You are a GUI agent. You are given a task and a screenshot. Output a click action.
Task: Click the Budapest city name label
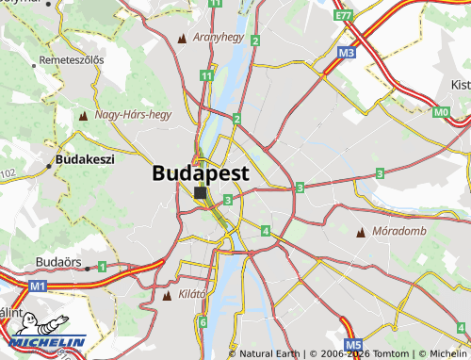pyautogui.click(x=201, y=173)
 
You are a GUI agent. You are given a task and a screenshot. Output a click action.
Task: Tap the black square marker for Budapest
pyautogui.click(x=201, y=193)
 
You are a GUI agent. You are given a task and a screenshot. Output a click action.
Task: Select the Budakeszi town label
pyautogui.click(x=85, y=159)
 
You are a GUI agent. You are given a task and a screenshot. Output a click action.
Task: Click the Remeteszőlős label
pyautogui.click(x=71, y=60)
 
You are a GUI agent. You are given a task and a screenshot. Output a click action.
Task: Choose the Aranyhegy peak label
pyautogui.click(x=218, y=38)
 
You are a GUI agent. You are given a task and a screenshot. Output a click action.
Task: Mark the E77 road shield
pyautogui.click(x=343, y=16)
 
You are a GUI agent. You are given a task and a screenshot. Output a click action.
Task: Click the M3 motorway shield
pyautogui.click(x=347, y=54)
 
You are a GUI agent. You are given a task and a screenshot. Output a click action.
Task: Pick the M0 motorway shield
pyautogui.click(x=442, y=113)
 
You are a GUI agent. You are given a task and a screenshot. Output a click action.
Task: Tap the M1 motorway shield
pyautogui.click(x=38, y=285)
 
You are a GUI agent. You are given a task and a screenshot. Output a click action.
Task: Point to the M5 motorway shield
pyautogui.click(x=353, y=345)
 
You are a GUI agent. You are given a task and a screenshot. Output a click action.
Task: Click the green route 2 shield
pyautogui.click(x=237, y=119)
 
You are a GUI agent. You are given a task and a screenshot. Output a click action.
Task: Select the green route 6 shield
pyautogui.click(x=203, y=322)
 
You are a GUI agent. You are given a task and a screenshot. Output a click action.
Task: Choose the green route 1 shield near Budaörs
pyautogui.click(x=101, y=267)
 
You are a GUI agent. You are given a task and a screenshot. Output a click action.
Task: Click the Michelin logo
pyautogui.click(x=47, y=332)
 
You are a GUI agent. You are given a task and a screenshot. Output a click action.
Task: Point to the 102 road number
pyautogui.click(x=8, y=173)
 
